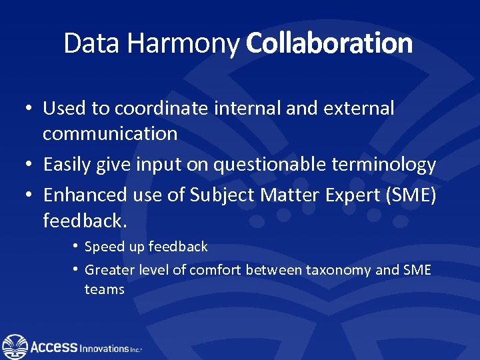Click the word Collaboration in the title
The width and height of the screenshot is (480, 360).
click(329, 44)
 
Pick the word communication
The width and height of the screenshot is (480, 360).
click(110, 134)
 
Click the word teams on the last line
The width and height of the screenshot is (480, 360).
click(105, 290)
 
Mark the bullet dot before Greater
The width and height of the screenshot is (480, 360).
click(76, 270)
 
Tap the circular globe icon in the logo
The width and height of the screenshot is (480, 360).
click(15, 347)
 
